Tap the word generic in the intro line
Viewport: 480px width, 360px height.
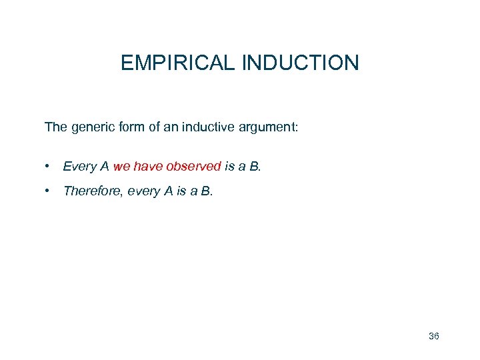coord(89,127)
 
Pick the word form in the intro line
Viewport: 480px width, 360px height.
coord(131,127)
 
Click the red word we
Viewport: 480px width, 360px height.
coord(122,166)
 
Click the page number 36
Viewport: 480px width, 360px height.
coord(433,336)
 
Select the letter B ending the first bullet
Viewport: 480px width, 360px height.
coord(254,166)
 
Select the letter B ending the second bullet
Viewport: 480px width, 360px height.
coord(206,191)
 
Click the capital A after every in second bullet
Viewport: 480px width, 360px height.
coord(167,191)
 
